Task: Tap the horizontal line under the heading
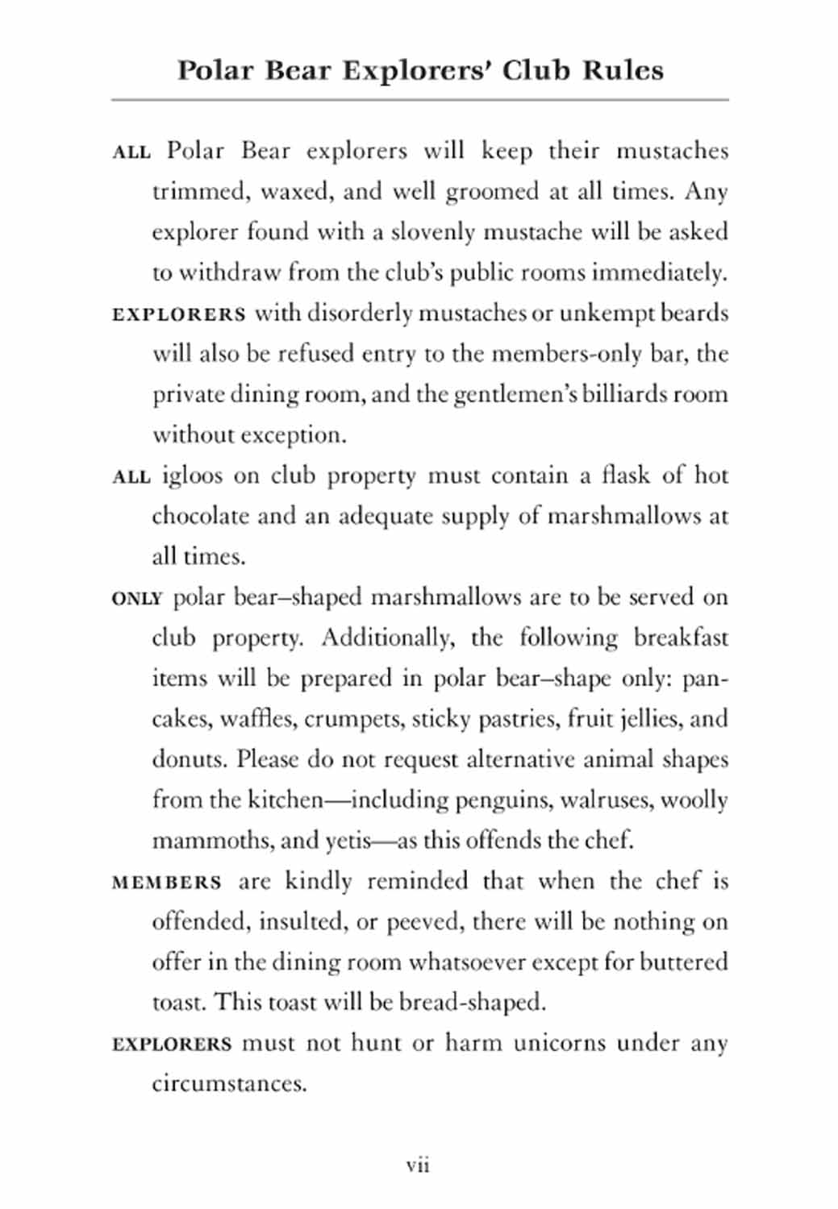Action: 419,100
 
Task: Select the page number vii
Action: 418,1165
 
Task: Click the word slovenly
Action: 433,232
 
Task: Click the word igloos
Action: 192,476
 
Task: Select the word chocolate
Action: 200,516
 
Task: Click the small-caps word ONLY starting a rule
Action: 137,598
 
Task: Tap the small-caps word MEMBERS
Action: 166,883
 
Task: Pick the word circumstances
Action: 229,1083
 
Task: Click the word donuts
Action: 190,759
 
